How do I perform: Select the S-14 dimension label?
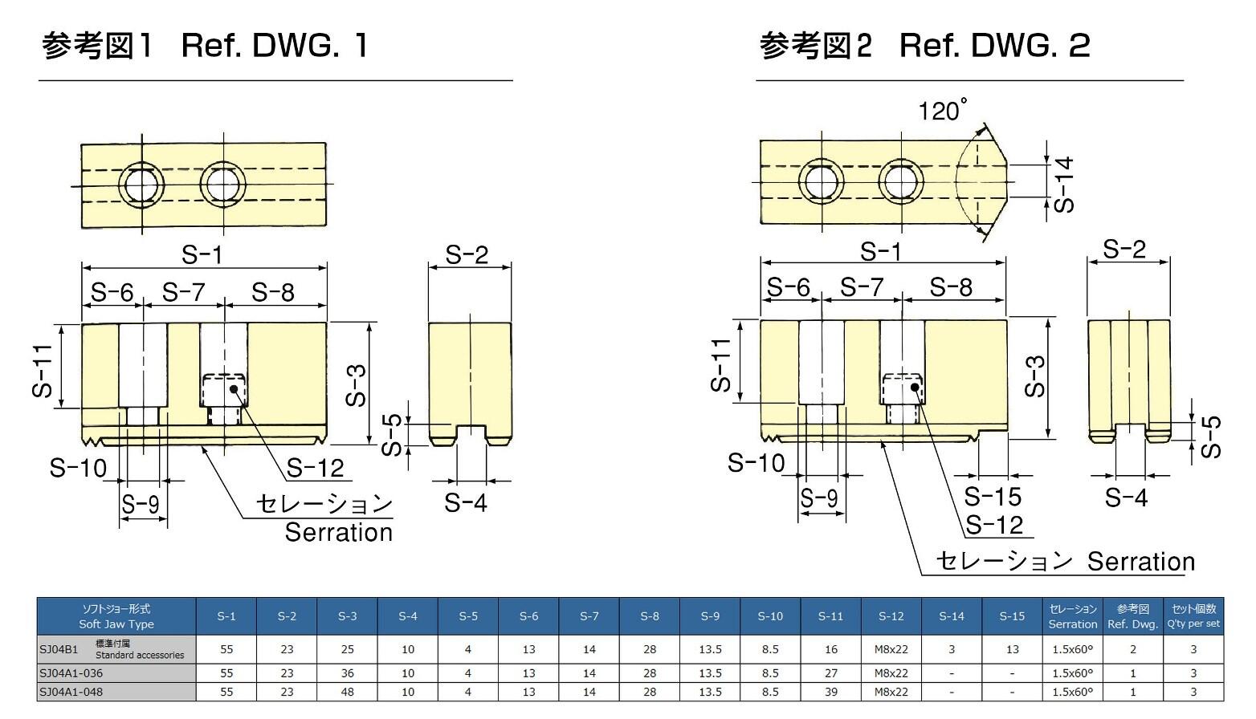coord(1063,184)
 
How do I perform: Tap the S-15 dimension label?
coord(993,497)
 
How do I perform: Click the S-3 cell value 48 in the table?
coord(347,692)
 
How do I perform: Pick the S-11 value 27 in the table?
coord(830,673)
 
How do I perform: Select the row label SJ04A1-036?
coord(71,673)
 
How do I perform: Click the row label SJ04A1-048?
coord(71,692)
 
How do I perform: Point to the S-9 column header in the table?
coord(710,616)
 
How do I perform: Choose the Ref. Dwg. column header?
coord(1132,616)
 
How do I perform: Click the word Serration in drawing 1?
coord(338,533)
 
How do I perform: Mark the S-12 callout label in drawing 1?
coord(315,468)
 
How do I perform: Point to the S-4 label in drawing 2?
coord(1126,498)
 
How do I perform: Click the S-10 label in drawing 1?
coord(78,468)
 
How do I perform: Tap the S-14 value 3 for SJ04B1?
coord(952,649)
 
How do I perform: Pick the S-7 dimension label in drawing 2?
coord(862,287)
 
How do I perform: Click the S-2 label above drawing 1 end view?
coord(467,255)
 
